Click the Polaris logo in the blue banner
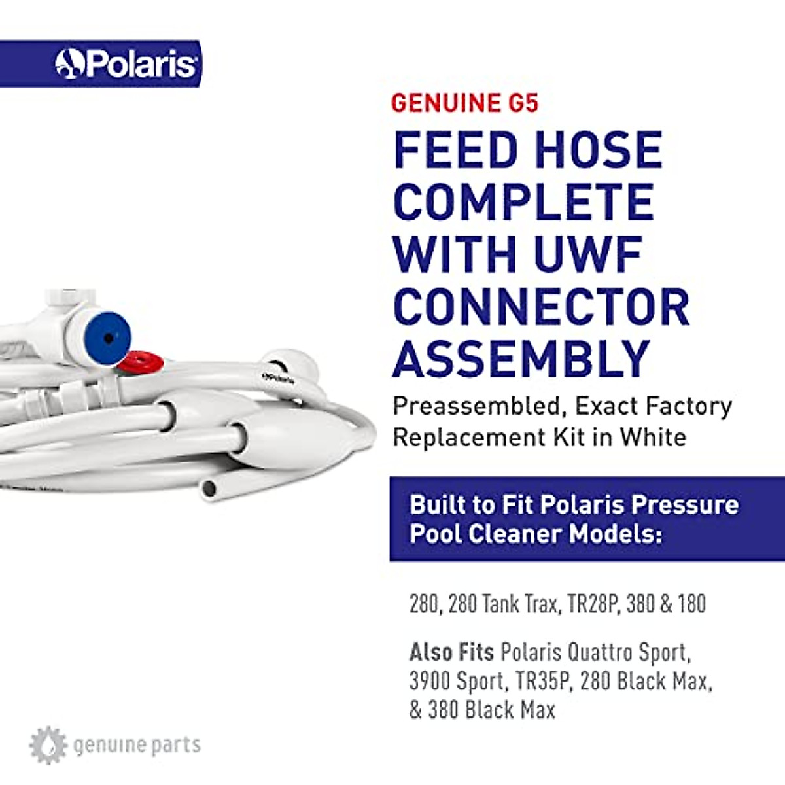126,64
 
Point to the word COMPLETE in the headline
523,202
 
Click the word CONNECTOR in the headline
541,307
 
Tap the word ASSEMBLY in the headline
521,359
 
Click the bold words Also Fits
451,652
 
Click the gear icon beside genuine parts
48,745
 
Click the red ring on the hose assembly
140,361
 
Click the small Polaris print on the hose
278,377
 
